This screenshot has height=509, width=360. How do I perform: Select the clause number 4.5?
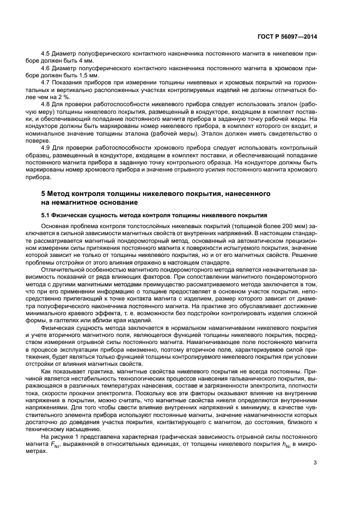pos(46,53)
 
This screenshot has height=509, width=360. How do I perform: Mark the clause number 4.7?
pos(46,82)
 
